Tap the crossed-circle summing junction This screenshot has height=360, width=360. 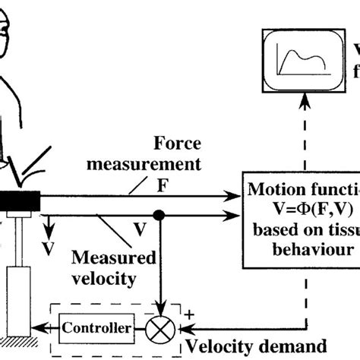[x=160, y=329]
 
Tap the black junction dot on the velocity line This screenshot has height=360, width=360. [x=160, y=216]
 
